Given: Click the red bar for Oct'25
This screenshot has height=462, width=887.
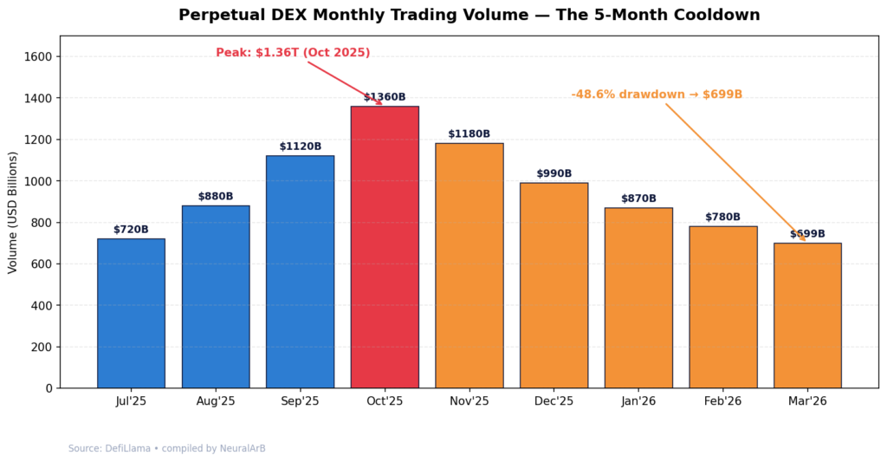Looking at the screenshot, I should click(385, 247).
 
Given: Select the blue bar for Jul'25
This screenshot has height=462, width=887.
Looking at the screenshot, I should click(131, 313).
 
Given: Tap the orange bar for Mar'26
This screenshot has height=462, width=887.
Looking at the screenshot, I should click(807, 316).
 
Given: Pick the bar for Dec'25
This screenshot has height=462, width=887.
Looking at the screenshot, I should click(554, 285).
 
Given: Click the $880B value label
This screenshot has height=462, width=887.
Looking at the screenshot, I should click(216, 197).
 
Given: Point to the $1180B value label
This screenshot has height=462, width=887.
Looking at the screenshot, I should click(469, 134).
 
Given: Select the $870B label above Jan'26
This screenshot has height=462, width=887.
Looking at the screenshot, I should click(638, 198).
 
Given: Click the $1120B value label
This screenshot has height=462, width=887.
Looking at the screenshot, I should click(300, 146).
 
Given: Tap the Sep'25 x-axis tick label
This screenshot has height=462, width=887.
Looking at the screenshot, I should click(300, 401).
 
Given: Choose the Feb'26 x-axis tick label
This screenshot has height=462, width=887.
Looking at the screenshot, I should click(722, 401).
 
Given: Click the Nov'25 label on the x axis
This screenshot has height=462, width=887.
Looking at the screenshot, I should click(469, 401).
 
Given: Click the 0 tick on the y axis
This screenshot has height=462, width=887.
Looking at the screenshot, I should click(49, 388).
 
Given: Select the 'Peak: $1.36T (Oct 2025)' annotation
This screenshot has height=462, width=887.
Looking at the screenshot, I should click(293, 53).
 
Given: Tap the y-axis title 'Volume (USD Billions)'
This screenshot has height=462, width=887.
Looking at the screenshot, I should click(13, 212).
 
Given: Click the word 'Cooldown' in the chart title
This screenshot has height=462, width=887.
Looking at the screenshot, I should click(717, 15).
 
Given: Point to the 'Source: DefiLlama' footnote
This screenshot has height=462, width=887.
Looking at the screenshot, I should click(167, 449).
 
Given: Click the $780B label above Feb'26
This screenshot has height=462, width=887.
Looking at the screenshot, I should click(722, 218).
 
